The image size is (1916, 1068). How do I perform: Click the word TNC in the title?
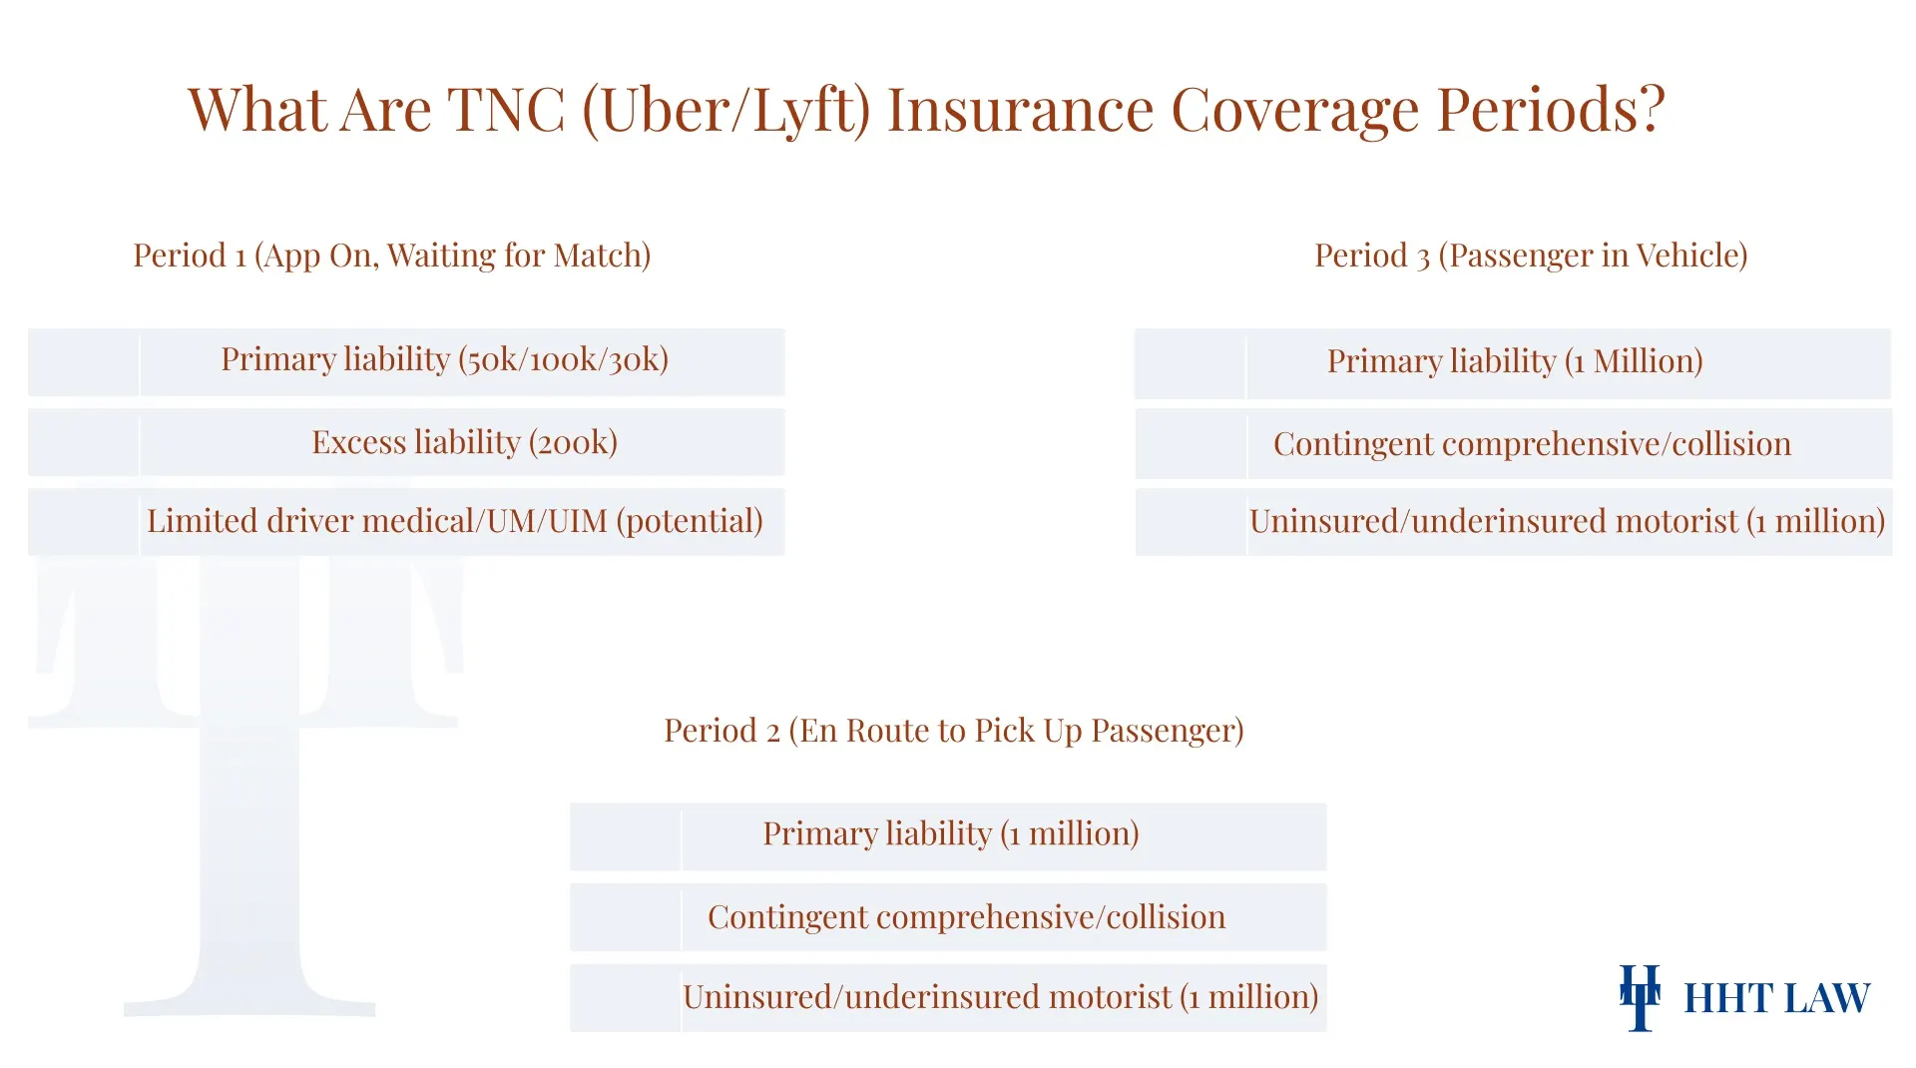pyautogui.click(x=506, y=110)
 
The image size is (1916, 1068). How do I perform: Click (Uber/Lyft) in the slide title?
pyautogui.click(x=725, y=110)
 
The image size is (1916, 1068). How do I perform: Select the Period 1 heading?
pyautogui.click(x=391, y=256)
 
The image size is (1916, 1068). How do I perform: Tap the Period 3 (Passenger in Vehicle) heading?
pyautogui.click(x=1530, y=256)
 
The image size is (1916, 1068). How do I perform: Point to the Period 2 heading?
pyautogui.click(x=953, y=731)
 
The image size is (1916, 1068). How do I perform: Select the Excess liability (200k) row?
pyautogui.click(x=464, y=442)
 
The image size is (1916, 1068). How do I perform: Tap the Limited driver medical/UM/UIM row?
pyautogui.click(x=454, y=521)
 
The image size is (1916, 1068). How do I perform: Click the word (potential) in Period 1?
pyautogui.click(x=690, y=521)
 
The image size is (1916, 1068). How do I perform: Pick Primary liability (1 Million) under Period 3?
pyautogui.click(x=1514, y=361)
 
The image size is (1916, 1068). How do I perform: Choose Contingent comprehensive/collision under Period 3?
pyautogui.click(x=1531, y=444)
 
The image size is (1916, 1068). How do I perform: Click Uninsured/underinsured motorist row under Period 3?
pyautogui.click(x=1566, y=521)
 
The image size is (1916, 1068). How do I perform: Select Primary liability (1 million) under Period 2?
pyautogui.click(x=950, y=833)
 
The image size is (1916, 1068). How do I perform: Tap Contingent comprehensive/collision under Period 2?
pyautogui.click(x=966, y=917)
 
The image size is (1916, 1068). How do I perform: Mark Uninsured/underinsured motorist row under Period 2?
pyautogui.click(x=1000, y=997)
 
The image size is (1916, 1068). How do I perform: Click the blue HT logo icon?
pyautogui.click(x=1640, y=997)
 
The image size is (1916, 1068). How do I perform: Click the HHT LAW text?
pyautogui.click(x=1776, y=998)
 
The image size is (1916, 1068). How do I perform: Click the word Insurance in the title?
pyautogui.click(x=1020, y=110)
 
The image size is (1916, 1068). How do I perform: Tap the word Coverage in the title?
pyautogui.click(x=1294, y=110)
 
